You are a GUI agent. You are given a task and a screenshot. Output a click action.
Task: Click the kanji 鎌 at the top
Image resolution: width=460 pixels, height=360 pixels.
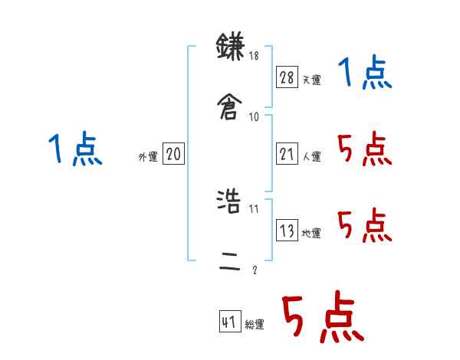(230, 46)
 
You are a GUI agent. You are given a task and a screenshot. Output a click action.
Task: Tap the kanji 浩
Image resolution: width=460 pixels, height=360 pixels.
(230, 201)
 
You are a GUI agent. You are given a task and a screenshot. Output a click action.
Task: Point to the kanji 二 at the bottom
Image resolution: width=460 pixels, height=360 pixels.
(230, 262)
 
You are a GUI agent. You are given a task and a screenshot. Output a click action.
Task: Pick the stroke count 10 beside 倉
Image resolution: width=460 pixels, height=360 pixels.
(255, 116)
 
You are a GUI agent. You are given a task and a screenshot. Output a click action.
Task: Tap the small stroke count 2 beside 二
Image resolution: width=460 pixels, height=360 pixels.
(254, 270)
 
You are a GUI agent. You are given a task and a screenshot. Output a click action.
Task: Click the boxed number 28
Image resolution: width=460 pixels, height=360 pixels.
(287, 77)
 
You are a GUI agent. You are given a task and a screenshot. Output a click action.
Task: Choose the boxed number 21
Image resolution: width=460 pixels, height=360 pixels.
(287, 154)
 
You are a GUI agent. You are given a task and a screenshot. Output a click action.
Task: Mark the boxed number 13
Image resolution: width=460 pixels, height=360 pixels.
(287, 230)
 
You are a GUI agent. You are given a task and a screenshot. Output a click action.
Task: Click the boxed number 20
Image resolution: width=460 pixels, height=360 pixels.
(173, 154)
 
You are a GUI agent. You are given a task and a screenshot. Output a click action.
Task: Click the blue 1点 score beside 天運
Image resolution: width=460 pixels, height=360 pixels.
(365, 74)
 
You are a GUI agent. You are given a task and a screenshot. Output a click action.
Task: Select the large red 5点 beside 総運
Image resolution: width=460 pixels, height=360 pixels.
(322, 319)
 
